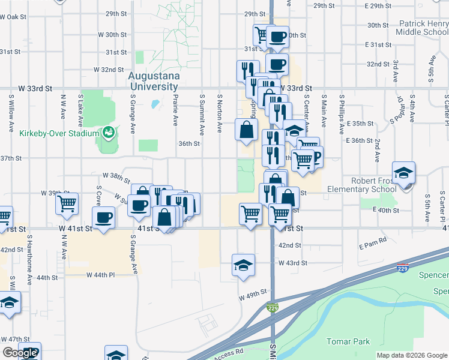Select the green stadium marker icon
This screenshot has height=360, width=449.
(x=109, y=131)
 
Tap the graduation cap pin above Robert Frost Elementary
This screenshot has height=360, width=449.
(x=404, y=173)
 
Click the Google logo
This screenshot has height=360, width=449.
(x=20, y=353)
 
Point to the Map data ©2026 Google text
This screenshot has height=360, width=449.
(x=412, y=355)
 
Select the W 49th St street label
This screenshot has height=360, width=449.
(x=252, y=297)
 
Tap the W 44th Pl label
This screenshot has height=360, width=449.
(x=100, y=275)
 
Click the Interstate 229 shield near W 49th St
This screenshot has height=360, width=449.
(x=272, y=308)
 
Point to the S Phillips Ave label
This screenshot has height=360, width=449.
(x=342, y=112)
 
